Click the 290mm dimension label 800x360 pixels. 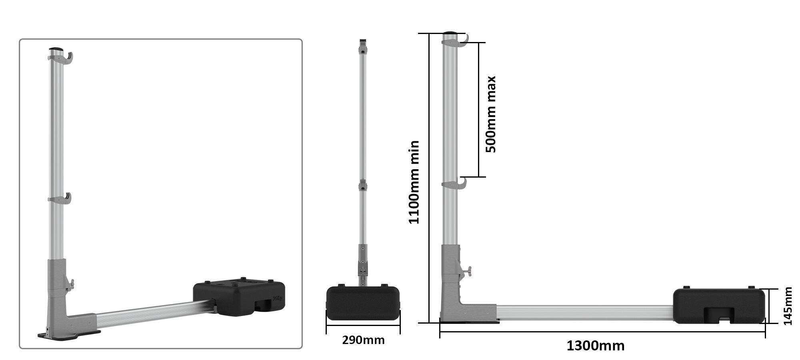[x=363, y=340]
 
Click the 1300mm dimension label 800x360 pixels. [x=595, y=345]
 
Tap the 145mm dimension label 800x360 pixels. [x=788, y=306]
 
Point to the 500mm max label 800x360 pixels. [x=490, y=114]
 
